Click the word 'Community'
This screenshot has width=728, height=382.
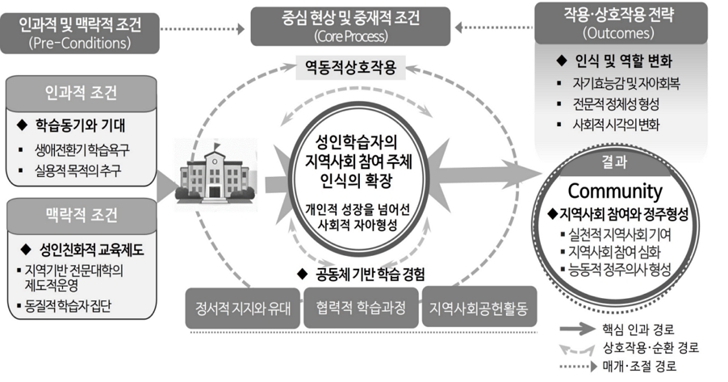(x=615, y=191)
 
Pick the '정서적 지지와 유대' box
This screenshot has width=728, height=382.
(x=240, y=308)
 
